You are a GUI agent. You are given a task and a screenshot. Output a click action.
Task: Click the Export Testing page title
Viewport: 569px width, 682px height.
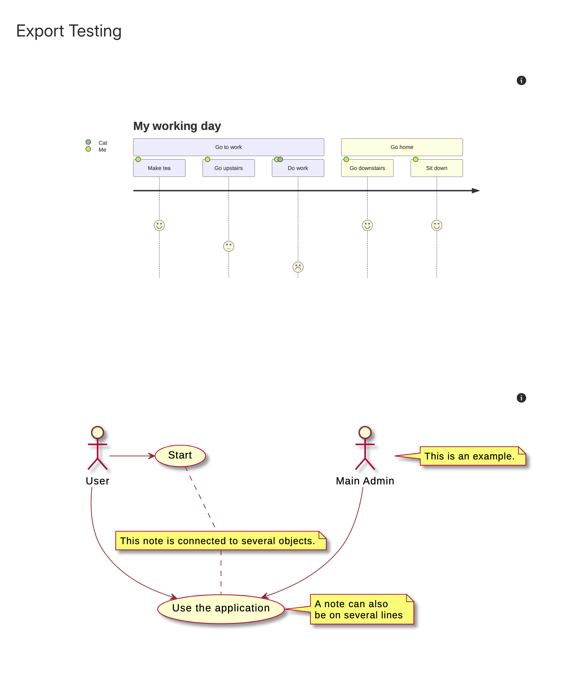(x=69, y=31)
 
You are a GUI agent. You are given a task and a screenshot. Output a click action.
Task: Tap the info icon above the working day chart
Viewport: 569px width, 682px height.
(x=521, y=80)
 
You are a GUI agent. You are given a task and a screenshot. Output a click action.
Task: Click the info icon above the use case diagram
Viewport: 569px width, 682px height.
(x=521, y=398)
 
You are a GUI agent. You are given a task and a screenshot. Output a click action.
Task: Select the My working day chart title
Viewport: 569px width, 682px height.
(x=177, y=126)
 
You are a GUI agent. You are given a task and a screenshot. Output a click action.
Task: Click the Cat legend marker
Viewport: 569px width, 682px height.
(x=88, y=142)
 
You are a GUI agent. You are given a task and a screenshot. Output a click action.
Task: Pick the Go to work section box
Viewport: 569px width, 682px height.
(x=228, y=147)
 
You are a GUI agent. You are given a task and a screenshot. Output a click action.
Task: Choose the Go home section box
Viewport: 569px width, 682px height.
(x=402, y=147)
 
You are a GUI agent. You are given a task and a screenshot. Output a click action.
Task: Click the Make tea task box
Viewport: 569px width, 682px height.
(x=159, y=168)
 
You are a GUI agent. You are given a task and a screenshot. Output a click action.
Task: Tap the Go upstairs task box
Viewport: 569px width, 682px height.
(x=228, y=168)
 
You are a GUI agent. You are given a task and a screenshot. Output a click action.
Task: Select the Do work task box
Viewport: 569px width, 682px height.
(x=298, y=168)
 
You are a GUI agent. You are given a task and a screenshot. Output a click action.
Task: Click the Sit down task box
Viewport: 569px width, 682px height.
(x=436, y=168)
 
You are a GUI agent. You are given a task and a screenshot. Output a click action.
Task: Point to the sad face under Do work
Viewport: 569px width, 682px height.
(x=298, y=267)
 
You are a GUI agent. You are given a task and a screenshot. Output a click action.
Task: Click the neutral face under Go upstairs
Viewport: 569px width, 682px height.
(x=228, y=246)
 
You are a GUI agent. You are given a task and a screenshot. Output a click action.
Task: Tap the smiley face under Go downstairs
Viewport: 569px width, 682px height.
(x=367, y=225)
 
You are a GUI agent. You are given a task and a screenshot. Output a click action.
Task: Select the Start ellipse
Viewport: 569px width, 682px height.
(x=180, y=456)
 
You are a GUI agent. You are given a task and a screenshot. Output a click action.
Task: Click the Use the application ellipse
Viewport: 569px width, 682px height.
(x=221, y=608)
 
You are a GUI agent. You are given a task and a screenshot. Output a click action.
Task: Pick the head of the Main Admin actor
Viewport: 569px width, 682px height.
(x=365, y=433)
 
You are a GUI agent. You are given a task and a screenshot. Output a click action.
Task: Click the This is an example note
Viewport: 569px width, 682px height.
(x=469, y=456)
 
